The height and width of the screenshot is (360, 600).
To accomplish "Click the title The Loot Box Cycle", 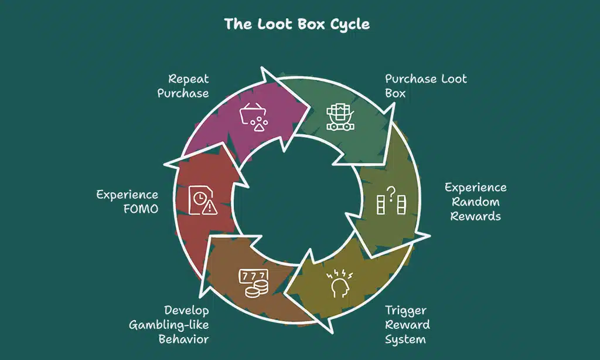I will pyautogui.click(x=296, y=25).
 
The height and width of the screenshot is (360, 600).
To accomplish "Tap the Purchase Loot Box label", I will pyautogui.click(x=425, y=86).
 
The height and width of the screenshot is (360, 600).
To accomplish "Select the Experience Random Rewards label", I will pyautogui.click(x=475, y=202).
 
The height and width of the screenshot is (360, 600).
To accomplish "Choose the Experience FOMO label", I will pyautogui.click(x=127, y=201).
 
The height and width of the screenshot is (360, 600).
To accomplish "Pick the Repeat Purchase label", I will pyautogui.click(x=183, y=86).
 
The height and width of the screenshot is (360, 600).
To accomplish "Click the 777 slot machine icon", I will pyautogui.click(x=253, y=283).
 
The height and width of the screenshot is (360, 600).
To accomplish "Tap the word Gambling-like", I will pyautogui.click(x=170, y=324).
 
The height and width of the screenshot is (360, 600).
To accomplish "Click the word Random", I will pyautogui.click(x=475, y=202).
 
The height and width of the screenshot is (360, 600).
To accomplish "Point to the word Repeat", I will pyautogui.click(x=189, y=79).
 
